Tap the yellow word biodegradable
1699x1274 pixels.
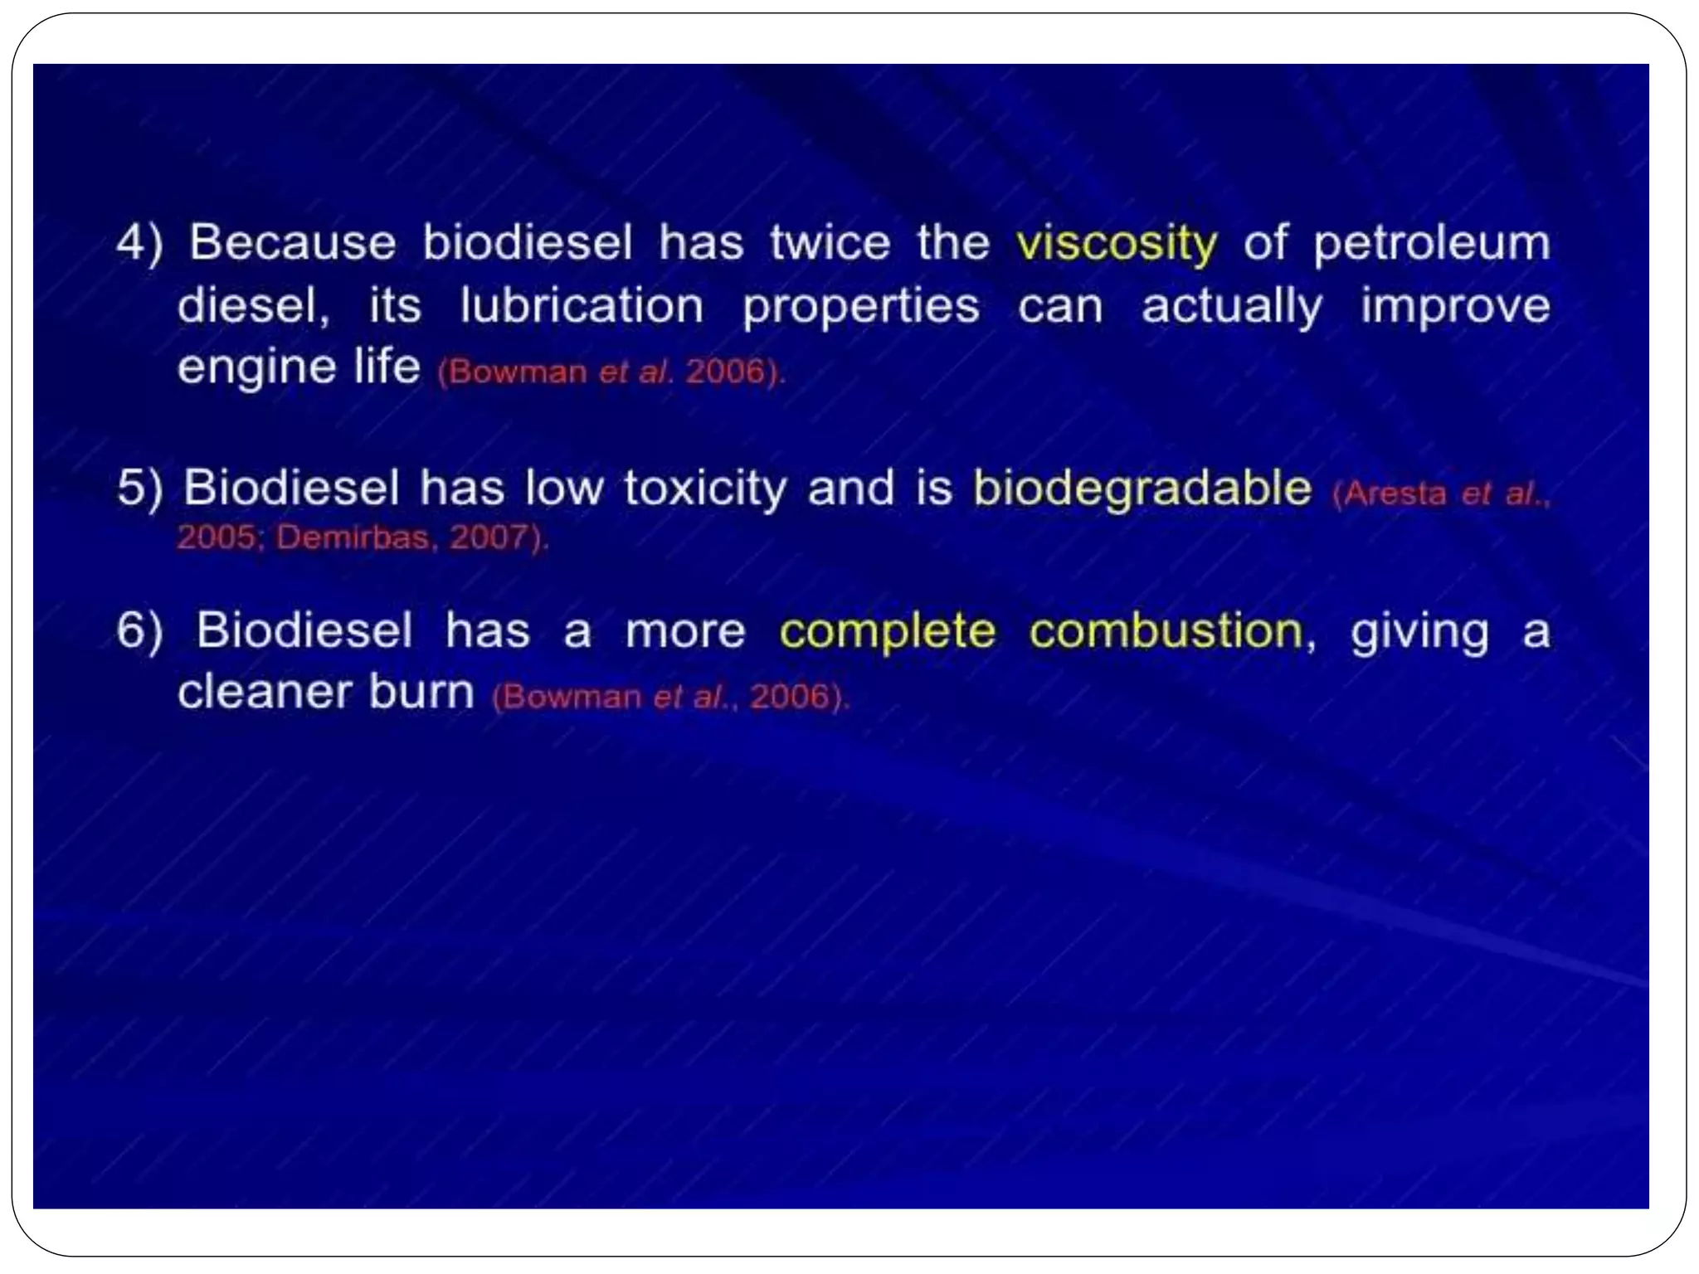coord(1142,488)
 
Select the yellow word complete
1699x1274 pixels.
coord(887,632)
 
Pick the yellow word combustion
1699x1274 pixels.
coord(1166,632)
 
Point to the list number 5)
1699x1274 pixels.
coord(139,488)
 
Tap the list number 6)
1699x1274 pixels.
coord(139,632)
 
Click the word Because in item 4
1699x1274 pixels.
coord(293,243)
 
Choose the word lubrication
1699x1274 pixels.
coord(582,305)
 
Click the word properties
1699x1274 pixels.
coord(861,307)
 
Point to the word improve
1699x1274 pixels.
coord(1455,307)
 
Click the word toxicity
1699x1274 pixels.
coord(705,488)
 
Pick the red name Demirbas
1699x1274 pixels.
coord(353,537)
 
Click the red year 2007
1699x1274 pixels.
coord(489,537)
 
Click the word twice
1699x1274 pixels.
coord(830,243)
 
